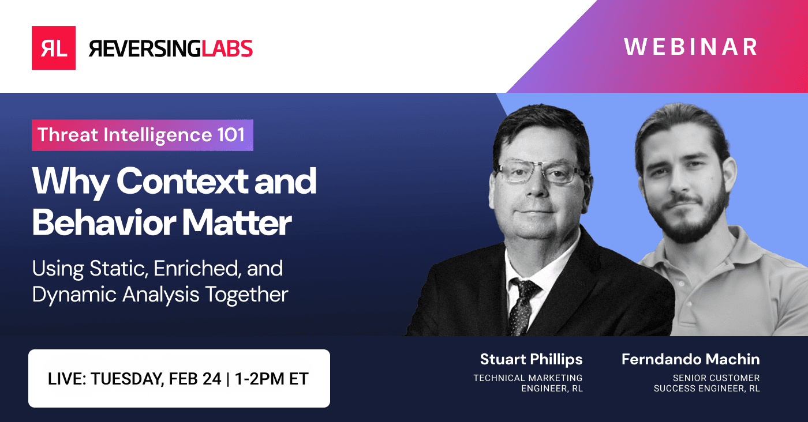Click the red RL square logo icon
(53, 48)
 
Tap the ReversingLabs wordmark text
(171, 48)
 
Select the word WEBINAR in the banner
(690, 47)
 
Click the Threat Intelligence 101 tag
(142, 135)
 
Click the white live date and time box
(179, 378)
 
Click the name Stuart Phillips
(531, 359)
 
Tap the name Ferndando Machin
(690, 359)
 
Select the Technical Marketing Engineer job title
(528, 383)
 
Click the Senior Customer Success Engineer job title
(706, 383)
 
